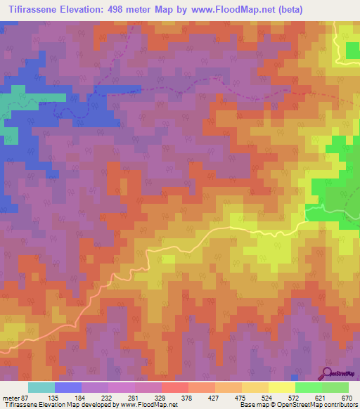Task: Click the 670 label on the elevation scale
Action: [346, 398]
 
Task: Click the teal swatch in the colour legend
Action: [41, 387]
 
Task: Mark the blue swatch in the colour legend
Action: [68, 387]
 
